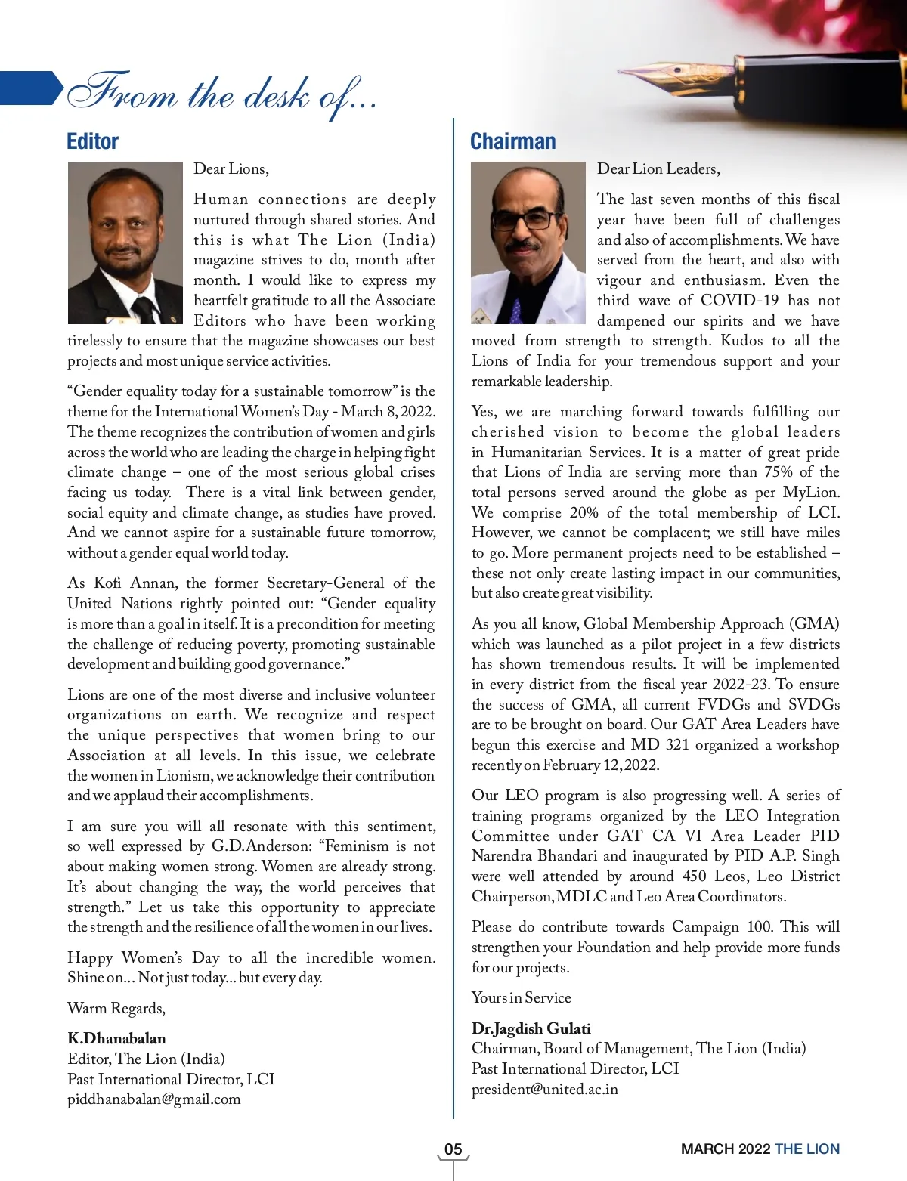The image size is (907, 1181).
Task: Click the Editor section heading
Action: point(92,141)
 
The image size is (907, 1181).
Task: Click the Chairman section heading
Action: point(512,141)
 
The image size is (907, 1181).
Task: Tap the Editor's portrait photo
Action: point(125,243)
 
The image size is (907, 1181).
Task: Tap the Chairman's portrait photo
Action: point(528,243)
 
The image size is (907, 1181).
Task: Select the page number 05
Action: point(453,1149)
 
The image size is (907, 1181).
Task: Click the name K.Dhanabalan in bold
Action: point(116,1038)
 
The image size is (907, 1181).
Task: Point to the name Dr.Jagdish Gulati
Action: point(531,1028)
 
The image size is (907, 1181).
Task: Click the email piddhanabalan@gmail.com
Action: point(154,1099)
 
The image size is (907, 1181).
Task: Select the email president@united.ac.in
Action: point(545,1089)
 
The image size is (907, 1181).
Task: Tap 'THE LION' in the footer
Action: point(807,1149)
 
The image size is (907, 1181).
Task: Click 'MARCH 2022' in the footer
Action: point(725,1149)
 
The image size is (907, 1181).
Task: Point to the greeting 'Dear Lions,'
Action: point(231,168)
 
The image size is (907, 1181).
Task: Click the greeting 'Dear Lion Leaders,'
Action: point(658,168)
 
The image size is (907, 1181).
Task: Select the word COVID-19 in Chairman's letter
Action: point(739,300)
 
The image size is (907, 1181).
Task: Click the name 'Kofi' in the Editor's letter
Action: point(107,583)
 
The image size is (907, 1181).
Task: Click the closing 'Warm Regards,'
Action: point(116,1008)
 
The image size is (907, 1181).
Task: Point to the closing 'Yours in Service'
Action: point(522,997)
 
